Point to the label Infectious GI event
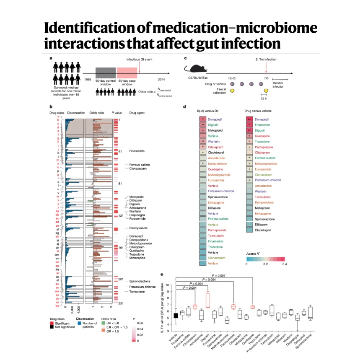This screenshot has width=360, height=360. click(139, 60)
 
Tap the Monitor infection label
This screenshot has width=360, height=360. click(278, 85)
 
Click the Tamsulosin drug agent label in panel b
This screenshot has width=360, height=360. click(137, 291)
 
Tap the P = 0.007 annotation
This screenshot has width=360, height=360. click(213, 275)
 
